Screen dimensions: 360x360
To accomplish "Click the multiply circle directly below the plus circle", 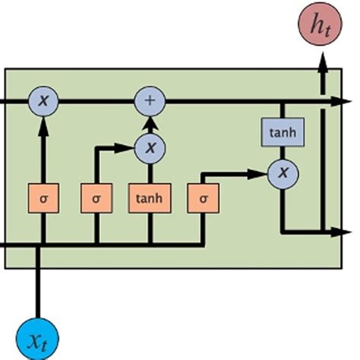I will pyautogui.click(x=150, y=148).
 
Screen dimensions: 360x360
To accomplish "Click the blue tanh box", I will pyautogui.click(x=283, y=133).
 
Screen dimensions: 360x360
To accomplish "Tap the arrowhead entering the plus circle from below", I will pyautogui.click(x=150, y=122).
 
